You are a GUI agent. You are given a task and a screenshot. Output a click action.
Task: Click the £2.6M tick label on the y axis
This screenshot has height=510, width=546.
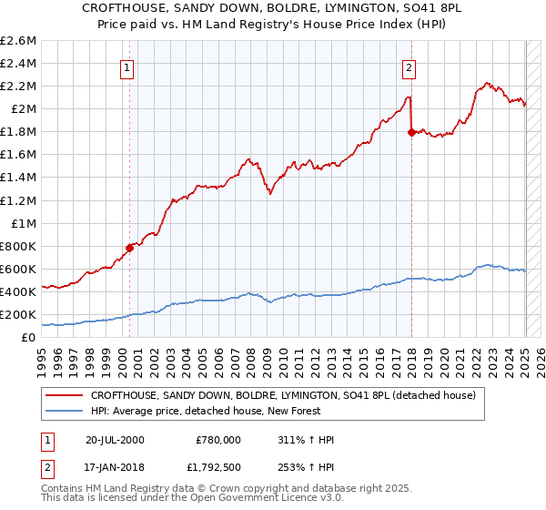pyautogui.click(x=19, y=41)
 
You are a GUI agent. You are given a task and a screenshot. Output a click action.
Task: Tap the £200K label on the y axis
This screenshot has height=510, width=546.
pyautogui.click(x=19, y=314)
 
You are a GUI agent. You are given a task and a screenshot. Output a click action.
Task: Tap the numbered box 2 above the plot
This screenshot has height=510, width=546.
pyautogui.click(x=409, y=66)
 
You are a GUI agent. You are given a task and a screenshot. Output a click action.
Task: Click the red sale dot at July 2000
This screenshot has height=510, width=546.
pyautogui.click(x=129, y=247)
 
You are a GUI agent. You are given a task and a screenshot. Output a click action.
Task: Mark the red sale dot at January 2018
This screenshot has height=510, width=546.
pyautogui.click(x=411, y=132)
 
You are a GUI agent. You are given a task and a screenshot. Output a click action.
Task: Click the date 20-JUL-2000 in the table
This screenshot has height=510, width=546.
pyautogui.click(x=115, y=440)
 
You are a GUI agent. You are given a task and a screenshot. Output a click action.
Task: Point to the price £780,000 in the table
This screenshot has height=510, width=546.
pyautogui.click(x=218, y=440)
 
